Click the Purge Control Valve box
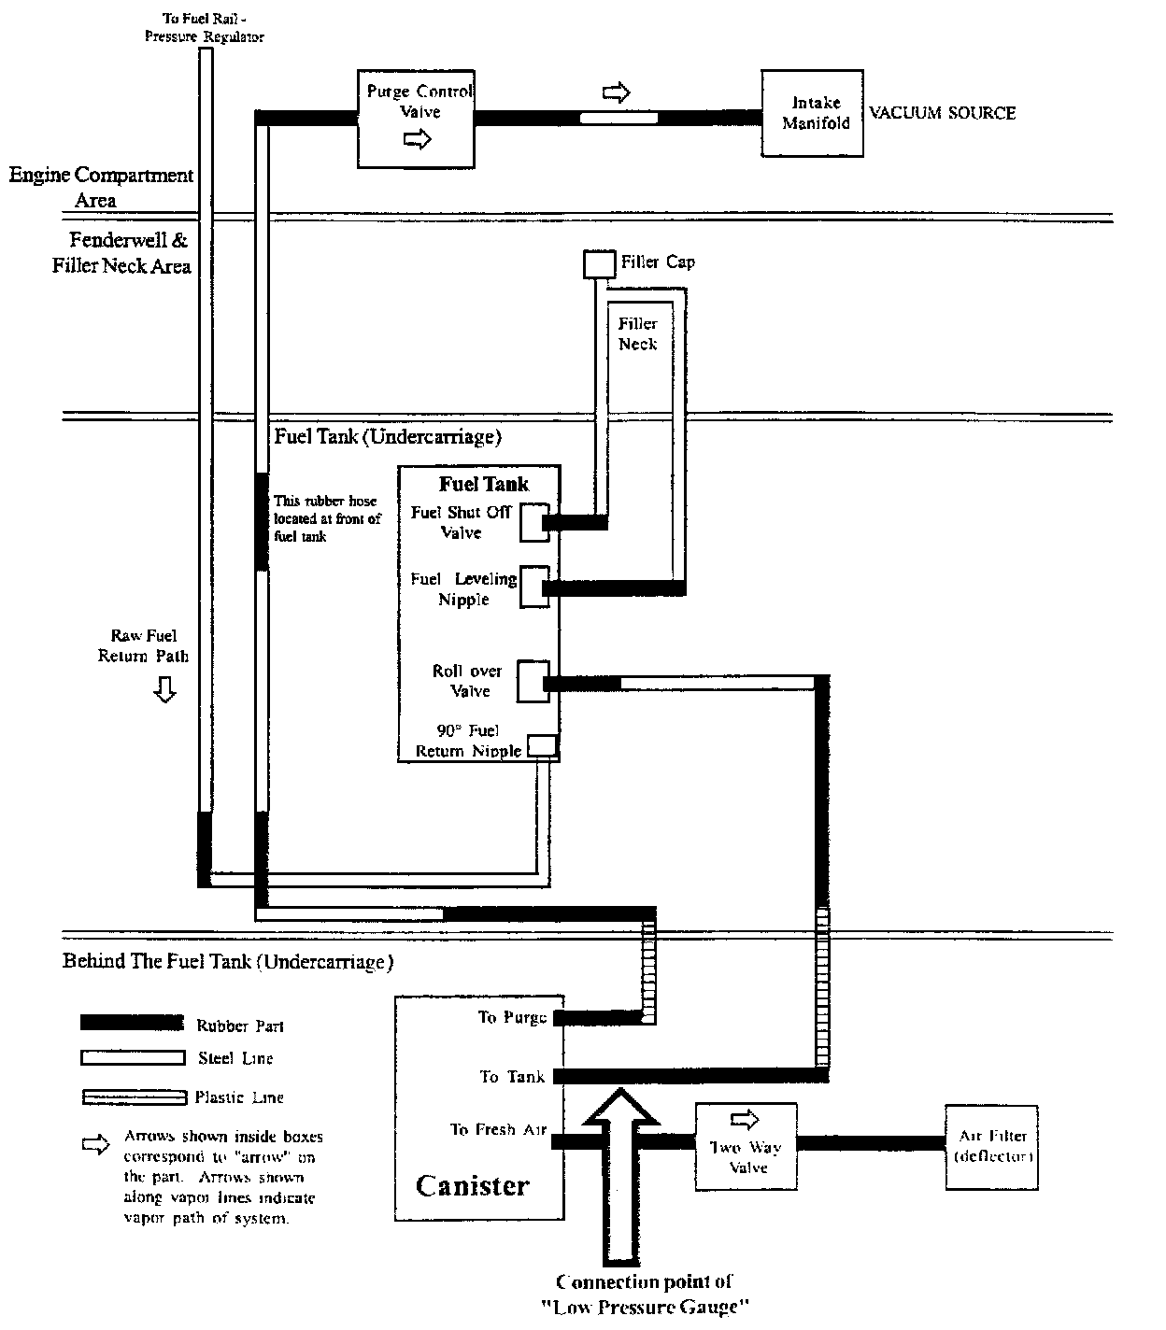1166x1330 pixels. [x=417, y=118]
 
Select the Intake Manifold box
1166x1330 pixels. [x=812, y=113]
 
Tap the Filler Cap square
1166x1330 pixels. [x=599, y=264]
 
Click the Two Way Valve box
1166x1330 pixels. [x=744, y=1147]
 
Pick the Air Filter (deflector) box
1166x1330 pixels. [x=992, y=1147]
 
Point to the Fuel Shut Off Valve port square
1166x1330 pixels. [x=534, y=522]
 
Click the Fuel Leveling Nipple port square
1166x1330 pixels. [x=534, y=587]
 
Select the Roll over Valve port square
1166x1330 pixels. [x=533, y=682]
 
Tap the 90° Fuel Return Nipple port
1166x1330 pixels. [x=543, y=745]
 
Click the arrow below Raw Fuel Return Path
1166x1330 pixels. [x=164, y=690]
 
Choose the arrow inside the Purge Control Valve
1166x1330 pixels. [x=418, y=140]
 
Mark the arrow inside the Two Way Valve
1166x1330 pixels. [x=746, y=1119]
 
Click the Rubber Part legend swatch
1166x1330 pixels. [x=131, y=1023]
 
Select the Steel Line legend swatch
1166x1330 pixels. [x=131, y=1058]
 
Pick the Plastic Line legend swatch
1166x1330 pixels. [x=131, y=1097]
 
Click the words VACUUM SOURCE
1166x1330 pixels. [x=942, y=113]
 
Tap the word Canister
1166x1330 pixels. [x=472, y=1186]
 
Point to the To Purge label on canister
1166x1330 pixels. [x=512, y=1017]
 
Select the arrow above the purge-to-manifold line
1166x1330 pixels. [x=616, y=92]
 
